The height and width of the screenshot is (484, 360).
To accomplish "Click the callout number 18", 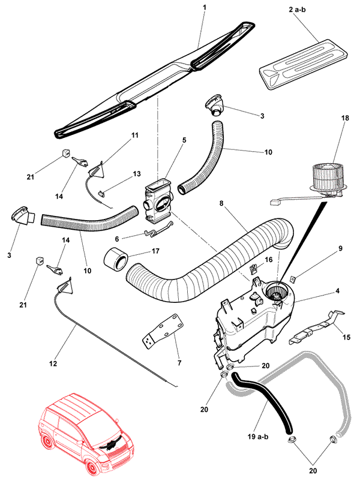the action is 345,118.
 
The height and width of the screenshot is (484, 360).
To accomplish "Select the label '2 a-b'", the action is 298,10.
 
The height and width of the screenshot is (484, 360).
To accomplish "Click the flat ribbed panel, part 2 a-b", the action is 305,65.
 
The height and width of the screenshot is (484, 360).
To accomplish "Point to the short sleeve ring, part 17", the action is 116,259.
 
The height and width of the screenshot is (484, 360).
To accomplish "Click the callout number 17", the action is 155,251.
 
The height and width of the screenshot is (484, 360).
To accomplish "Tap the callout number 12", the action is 53,363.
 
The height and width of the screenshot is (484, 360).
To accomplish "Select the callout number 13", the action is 137,174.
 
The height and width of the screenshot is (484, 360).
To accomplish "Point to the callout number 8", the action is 221,203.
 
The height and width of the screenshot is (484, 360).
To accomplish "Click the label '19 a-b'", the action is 258,437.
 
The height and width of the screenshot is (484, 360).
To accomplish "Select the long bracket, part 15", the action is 317,327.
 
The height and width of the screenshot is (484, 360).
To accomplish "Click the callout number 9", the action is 341,248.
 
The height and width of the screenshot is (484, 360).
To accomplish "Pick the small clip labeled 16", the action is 253,269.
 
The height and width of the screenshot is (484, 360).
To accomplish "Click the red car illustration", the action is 87,434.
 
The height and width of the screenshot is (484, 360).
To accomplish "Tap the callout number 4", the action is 337,291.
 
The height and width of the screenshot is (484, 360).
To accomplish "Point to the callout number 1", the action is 205,7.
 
